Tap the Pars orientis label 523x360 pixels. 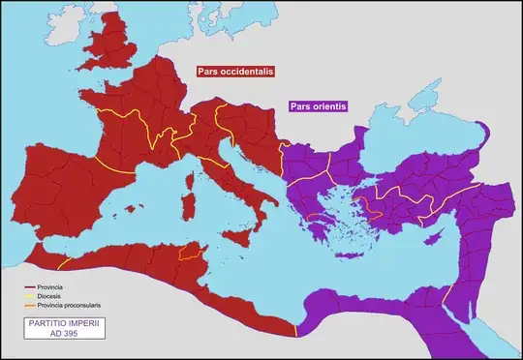click(317, 106)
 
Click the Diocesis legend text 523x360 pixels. click(50, 296)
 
